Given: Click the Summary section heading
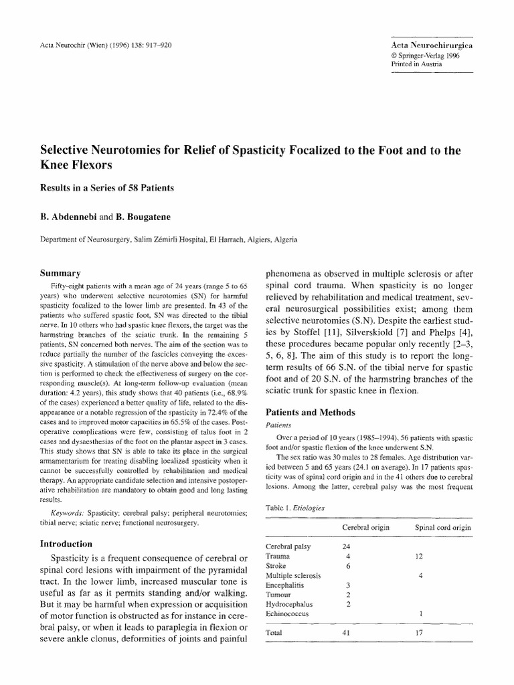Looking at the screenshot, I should tap(61, 273).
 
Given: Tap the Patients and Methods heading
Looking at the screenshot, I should tap(311, 412).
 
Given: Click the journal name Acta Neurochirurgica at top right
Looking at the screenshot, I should tap(429, 43).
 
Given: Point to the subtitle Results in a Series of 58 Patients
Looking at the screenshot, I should tap(107, 187).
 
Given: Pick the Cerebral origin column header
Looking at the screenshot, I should tap(366, 527).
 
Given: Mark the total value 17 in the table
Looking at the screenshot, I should tap(420, 632).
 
